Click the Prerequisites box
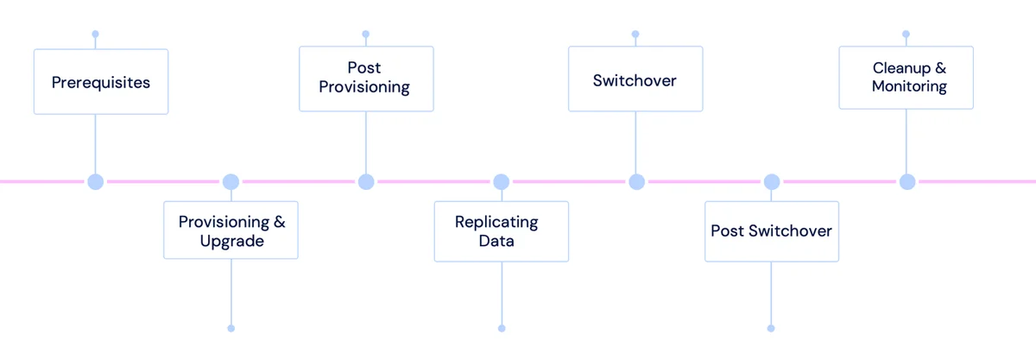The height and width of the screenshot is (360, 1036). [x=101, y=81]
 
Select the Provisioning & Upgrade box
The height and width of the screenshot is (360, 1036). [x=231, y=230]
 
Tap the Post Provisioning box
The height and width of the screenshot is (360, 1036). [x=366, y=79]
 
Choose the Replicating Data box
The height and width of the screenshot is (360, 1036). [x=502, y=231]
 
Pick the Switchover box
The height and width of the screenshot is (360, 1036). [x=635, y=79]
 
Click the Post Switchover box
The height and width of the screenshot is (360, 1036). [x=772, y=231]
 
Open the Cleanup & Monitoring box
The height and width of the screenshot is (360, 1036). [x=906, y=78]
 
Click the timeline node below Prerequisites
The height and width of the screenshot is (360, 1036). [x=96, y=182]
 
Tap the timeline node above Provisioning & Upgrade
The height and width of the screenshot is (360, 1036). [x=231, y=182]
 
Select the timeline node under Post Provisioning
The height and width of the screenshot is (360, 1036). [x=366, y=182]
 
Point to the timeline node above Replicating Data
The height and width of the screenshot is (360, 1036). [x=502, y=182]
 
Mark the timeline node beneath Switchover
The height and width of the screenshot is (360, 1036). [x=637, y=182]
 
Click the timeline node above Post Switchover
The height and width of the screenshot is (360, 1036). [x=772, y=182]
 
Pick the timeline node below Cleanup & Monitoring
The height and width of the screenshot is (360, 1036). [x=907, y=182]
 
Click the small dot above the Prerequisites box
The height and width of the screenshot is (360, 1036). [x=95, y=34]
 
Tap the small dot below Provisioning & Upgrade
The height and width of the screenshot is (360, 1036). [x=231, y=329]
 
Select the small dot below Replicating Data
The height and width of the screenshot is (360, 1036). [x=502, y=329]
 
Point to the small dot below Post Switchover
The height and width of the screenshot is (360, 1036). [x=771, y=329]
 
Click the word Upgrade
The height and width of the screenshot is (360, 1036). [x=231, y=242]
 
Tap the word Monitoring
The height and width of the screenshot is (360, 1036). [x=909, y=86]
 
